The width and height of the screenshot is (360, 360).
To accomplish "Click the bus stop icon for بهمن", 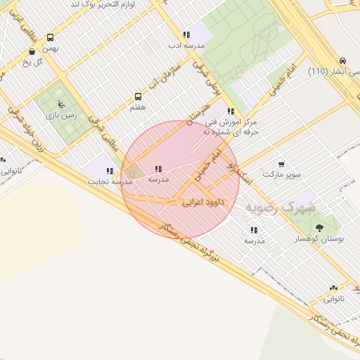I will (50, 38).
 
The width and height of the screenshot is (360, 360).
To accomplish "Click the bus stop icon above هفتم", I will (139, 97).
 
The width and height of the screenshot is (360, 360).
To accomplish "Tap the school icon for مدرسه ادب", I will (186, 34).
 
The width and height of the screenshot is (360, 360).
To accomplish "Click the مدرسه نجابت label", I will (109, 181).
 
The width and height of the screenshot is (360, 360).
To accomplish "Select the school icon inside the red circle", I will (158, 169).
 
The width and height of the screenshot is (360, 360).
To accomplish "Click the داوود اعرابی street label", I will (203, 202).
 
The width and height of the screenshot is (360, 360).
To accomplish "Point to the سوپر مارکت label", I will (281, 174).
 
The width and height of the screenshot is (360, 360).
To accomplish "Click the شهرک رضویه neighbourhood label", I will (280, 208).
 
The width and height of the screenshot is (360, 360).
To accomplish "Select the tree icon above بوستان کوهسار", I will (320, 228).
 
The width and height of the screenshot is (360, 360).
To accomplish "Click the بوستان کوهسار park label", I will (321, 239).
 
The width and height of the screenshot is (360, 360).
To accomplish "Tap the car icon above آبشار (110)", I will (342, 62).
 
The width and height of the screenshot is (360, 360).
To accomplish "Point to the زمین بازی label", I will (61, 115).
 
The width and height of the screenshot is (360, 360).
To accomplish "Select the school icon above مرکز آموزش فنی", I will (231, 111).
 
